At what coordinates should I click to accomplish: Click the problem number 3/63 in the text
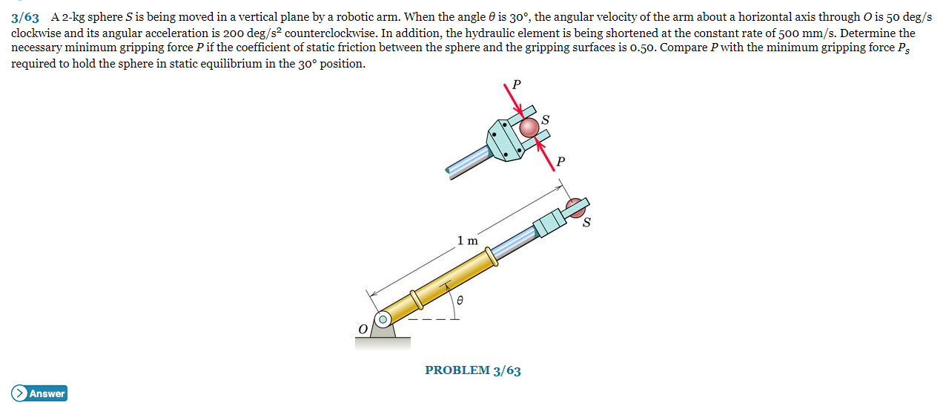25,16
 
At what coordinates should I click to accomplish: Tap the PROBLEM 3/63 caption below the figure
472,370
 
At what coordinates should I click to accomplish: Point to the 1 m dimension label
467,241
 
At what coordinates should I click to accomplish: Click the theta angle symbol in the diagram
460,301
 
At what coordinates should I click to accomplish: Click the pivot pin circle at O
383,320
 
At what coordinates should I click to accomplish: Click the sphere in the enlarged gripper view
529,128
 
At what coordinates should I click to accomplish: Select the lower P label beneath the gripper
561,160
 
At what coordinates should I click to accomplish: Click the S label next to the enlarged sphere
546,119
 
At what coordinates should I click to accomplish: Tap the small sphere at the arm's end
575,206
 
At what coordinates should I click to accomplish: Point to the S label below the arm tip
586,222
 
